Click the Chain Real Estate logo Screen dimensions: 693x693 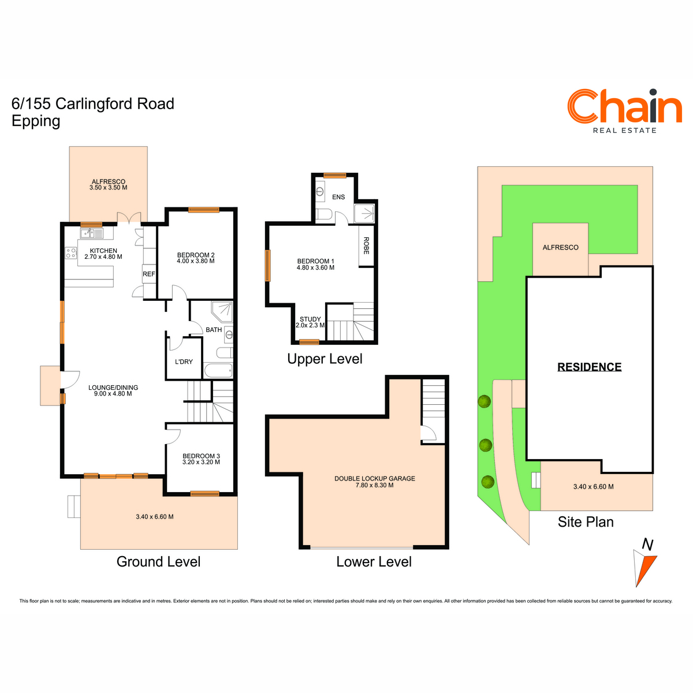point(624,111)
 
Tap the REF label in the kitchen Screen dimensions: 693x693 point(148,274)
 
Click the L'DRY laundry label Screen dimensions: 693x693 point(184,362)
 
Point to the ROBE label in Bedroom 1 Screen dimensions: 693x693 point(366,245)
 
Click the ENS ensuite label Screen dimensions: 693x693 point(338,197)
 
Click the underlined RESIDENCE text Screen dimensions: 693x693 point(590,367)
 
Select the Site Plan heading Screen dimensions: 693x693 point(586,522)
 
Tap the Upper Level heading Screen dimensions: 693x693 point(325,359)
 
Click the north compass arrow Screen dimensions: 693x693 point(645,568)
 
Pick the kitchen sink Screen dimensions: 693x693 point(92,233)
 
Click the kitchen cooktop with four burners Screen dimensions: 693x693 point(71,253)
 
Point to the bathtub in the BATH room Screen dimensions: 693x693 point(218,371)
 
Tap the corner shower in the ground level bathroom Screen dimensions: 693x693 point(222,312)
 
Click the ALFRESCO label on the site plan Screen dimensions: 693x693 point(560,247)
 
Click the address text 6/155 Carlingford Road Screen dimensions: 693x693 point(93,104)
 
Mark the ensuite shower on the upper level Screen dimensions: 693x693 point(364,214)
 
